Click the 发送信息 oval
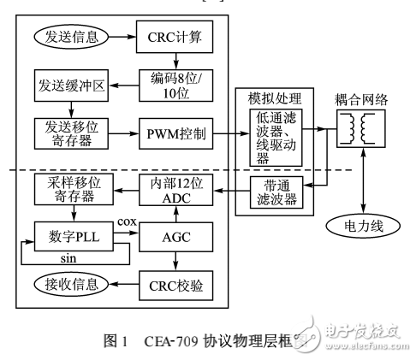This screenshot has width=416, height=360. point(72,38)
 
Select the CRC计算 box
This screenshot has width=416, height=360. point(175,38)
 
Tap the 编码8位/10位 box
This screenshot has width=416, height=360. point(175,85)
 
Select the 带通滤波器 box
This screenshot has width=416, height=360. point(279,192)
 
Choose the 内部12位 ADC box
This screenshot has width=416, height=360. point(175,192)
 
